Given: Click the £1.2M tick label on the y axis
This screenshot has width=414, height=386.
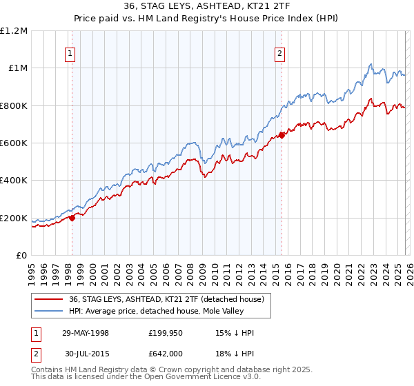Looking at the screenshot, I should click(14, 31).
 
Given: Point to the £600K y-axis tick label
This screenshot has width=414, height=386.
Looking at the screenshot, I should click(14, 143).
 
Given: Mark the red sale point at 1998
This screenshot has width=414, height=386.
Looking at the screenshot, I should click(72, 219).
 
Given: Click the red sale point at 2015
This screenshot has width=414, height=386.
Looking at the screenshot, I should click(282, 135).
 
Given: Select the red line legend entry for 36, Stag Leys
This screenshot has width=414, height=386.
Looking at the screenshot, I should click(166, 299).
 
